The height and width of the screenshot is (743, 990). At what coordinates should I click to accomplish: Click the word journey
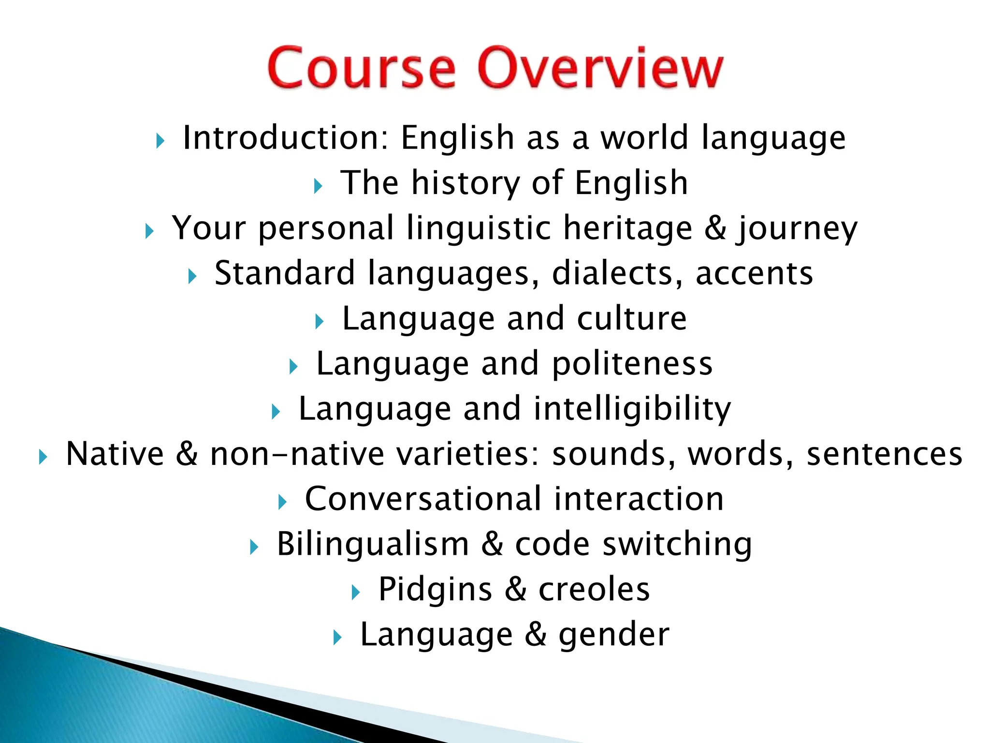[x=797, y=229]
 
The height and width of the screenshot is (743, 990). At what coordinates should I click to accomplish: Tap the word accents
[x=754, y=274]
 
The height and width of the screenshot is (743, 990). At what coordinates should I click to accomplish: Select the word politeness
[x=632, y=363]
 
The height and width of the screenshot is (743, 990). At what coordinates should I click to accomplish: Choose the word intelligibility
[x=632, y=409]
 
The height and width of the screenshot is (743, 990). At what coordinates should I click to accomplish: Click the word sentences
[x=885, y=454]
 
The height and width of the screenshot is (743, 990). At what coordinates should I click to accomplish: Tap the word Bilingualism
[x=373, y=544]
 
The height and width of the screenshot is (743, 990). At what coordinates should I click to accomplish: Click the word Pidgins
[x=435, y=590]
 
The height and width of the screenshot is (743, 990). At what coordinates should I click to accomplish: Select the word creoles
[x=594, y=589]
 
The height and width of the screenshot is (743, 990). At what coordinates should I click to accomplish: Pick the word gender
[x=614, y=635]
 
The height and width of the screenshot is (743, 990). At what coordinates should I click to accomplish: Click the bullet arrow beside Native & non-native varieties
[x=43, y=457]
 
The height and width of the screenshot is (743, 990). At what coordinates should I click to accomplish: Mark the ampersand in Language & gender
[x=536, y=634]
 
